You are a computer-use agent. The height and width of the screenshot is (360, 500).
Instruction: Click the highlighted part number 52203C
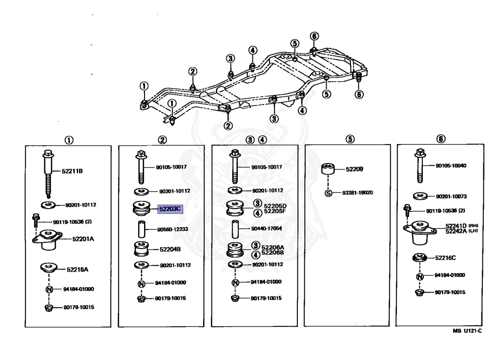(x=169, y=209)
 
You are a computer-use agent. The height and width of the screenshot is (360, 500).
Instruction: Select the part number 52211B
(x=72, y=171)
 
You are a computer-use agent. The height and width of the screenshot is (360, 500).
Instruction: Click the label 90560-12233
(x=173, y=229)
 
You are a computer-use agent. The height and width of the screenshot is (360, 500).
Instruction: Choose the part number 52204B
(x=170, y=249)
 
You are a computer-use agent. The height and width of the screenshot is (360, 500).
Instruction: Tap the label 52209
(x=354, y=169)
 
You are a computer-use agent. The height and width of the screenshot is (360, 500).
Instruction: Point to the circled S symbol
(x=329, y=192)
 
